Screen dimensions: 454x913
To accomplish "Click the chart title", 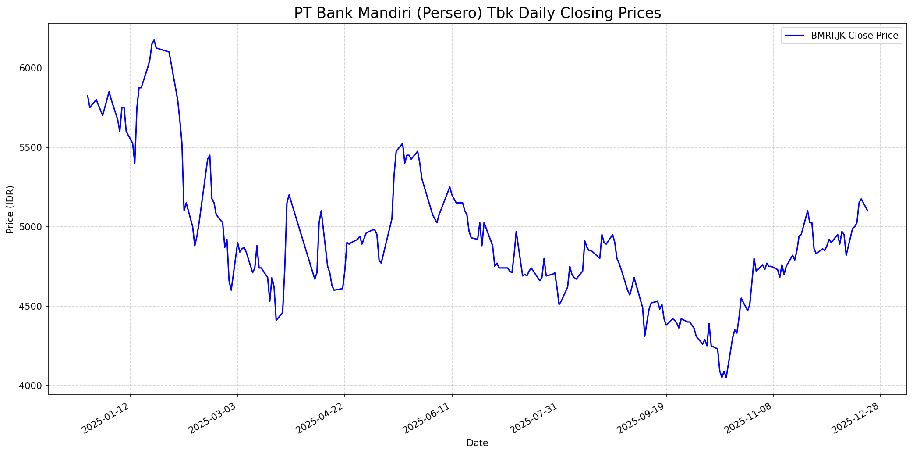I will pyautogui.click(x=477, y=13).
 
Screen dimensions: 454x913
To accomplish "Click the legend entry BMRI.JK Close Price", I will pyautogui.click(x=854, y=36).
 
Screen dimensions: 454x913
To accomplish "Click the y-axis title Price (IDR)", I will pyautogui.click(x=11, y=209).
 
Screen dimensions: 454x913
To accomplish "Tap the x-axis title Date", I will pyautogui.click(x=477, y=443).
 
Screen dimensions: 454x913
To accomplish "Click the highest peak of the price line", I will pyautogui.click(x=154, y=40).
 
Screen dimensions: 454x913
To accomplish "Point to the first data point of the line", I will pyautogui.click(x=88, y=95).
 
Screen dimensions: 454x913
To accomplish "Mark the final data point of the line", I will pyautogui.click(x=867, y=211).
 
